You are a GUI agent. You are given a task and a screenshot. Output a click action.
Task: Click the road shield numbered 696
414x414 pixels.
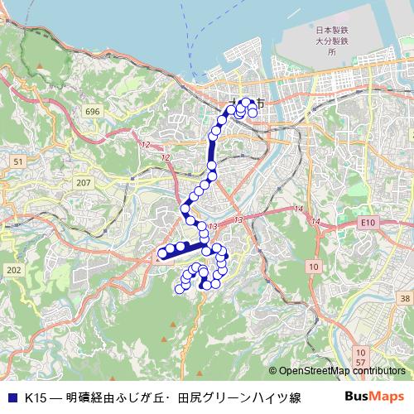tap(92, 111)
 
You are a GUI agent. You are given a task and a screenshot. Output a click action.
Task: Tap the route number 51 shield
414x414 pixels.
tap(18, 161)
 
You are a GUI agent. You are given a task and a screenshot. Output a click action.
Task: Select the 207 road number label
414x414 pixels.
tap(83, 182)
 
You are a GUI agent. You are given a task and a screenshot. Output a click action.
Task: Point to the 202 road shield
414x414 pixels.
tap(13, 270)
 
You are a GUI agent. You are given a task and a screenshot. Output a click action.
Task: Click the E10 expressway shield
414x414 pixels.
tap(368, 223)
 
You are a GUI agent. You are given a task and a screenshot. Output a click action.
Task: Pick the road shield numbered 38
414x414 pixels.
tap(404, 298)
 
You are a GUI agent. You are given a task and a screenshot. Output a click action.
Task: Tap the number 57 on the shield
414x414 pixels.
tap(360, 363)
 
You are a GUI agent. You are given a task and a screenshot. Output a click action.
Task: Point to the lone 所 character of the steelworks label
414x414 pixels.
tap(332, 51)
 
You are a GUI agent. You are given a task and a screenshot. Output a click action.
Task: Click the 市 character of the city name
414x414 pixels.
tap(261, 103)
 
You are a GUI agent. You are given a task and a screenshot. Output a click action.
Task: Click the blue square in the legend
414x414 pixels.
tap(14, 397)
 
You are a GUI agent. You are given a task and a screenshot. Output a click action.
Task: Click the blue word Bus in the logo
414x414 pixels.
tap(359, 397)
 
